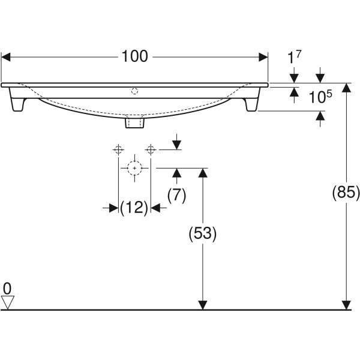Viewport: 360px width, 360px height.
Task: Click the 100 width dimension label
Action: [135, 56]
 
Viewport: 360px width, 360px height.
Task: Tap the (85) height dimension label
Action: [346, 192]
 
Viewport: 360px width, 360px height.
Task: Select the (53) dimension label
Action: [203, 233]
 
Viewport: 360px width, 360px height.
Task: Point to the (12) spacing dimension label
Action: [134, 208]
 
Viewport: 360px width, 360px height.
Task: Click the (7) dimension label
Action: [176, 196]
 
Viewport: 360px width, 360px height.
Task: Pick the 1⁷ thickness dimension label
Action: [294, 57]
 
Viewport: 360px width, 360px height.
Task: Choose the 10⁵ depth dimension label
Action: [320, 97]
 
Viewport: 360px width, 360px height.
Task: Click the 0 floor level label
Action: [7, 289]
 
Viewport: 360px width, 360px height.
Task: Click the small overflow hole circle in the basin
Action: [134, 91]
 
